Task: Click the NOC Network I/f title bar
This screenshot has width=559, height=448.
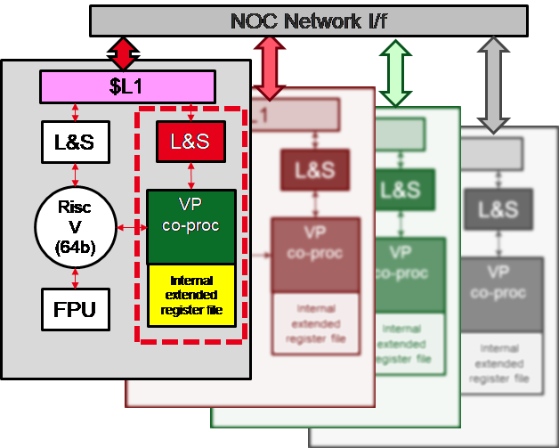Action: coord(308,20)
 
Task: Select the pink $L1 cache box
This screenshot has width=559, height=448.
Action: coord(127,87)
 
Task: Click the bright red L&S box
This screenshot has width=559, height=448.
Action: coord(190,140)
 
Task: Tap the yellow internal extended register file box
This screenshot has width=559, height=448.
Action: coord(190,295)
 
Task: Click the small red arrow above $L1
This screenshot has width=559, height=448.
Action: coord(123,54)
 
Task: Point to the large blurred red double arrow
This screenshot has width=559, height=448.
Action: coord(268,67)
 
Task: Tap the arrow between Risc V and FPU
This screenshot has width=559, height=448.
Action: coord(75,273)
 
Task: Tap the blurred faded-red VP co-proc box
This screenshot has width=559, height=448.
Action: coord(315,255)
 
